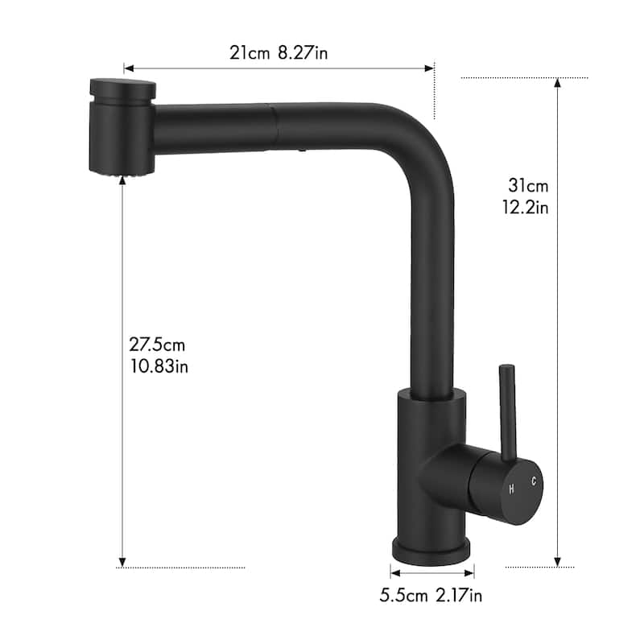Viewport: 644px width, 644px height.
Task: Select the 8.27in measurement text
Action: click(x=303, y=53)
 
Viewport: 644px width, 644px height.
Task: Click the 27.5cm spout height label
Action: click(x=157, y=345)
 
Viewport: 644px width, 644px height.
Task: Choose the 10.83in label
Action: click(x=159, y=365)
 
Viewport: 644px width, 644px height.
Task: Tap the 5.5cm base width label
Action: click(x=405, y=597)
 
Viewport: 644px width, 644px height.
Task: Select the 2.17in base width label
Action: click(x=459, y=597)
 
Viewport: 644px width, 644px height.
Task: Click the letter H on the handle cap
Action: click(x=511, y=489)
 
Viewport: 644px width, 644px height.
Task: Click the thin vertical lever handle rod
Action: click(x=506, y=411)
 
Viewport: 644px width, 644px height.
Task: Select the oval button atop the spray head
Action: click(x=121, y=86)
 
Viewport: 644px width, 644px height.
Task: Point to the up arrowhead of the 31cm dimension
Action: click(x=557, y=82)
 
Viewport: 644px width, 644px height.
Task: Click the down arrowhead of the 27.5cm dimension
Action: click(x=122, y=561)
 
